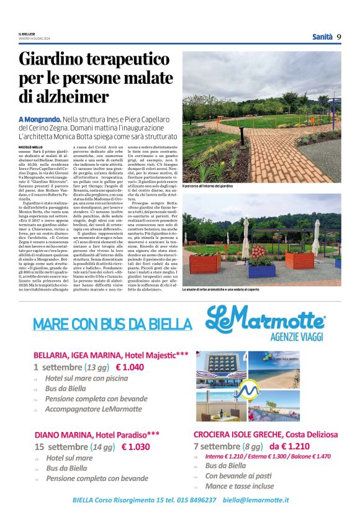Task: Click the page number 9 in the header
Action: (x=339, y=36)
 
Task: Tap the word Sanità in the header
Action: (x=322, y=36)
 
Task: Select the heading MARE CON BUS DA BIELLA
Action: (x=112, y=324)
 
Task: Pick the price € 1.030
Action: (x=136, y=446)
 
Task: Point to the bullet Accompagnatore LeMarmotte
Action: (x=93, y=409)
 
